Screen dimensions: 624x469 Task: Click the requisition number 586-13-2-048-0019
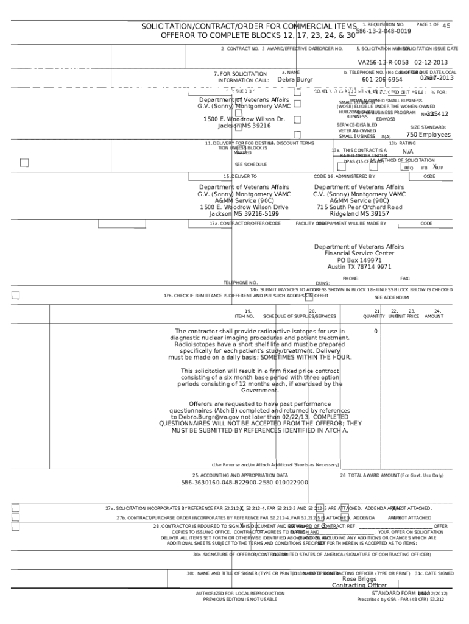(x=384, y=30)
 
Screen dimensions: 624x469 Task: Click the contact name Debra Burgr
(x=295, y=80)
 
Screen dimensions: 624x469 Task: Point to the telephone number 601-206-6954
(x=382, y=80)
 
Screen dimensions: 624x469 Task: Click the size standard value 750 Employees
(x=428, y=135)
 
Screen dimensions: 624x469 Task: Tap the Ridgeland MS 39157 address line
(x=359, y=214)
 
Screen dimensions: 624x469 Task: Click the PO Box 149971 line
(x=359, y=260)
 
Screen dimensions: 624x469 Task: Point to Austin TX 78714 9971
(x=359, y=267)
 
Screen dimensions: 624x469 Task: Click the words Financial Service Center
(x=359, y=253)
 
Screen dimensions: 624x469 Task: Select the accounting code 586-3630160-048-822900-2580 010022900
(x=244, y=483)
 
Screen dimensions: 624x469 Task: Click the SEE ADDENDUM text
(x=392, y=297)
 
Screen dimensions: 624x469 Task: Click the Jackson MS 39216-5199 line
(x=244, y=214)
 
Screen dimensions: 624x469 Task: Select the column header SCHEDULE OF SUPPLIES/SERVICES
(x=299, y=316)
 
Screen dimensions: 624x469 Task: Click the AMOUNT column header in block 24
(x=434, y=316)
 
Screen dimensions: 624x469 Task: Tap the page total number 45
(x=446, y=26)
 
